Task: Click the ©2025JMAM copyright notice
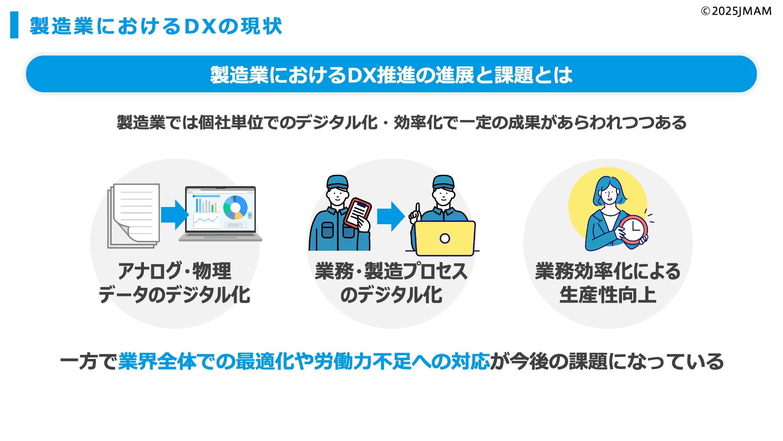[x=736, y=11]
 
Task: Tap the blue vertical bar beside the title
[x=14, y=25]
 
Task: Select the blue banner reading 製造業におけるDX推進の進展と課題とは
[x=391, y=74]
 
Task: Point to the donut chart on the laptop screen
[x=235, y=207]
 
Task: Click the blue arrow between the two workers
[x=390, y=216]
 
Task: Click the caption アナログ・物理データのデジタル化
[x=175, y=283]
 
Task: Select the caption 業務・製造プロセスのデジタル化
[x=391, y=283]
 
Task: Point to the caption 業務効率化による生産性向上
[x=608, y=283]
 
